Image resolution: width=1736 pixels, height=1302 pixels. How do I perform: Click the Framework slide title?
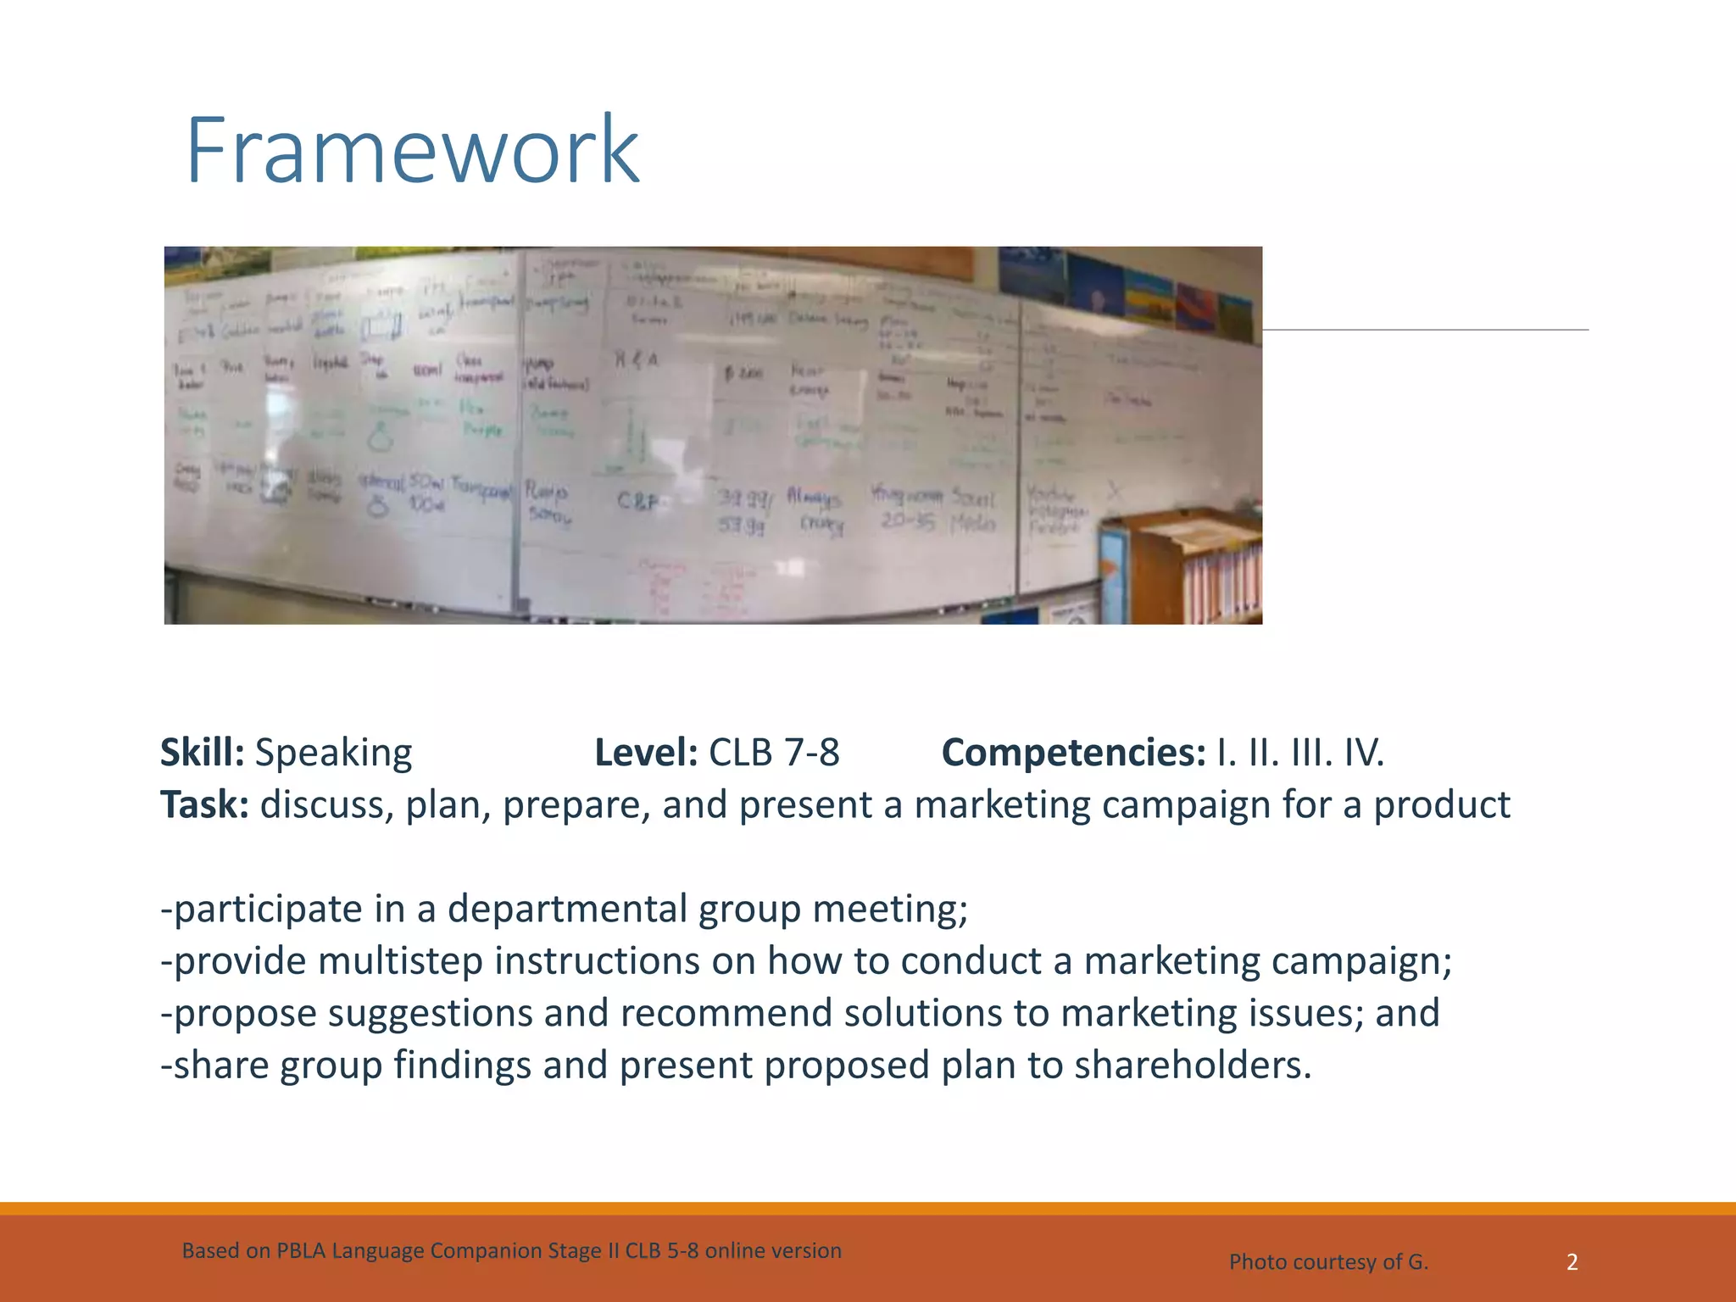point(412,151)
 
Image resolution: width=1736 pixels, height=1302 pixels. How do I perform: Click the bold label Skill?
point(203,753)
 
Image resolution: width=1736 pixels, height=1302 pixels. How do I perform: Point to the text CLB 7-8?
point(774,753)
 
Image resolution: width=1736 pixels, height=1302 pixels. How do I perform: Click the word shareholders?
point(1192,1066)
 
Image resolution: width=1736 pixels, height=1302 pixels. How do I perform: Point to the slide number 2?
point(1572,1262)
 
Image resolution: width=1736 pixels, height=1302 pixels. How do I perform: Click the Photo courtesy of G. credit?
point(1328,1262)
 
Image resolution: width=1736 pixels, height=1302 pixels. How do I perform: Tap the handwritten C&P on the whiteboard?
point(637,501)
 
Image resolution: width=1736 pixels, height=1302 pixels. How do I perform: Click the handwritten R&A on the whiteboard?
point(636,359)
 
